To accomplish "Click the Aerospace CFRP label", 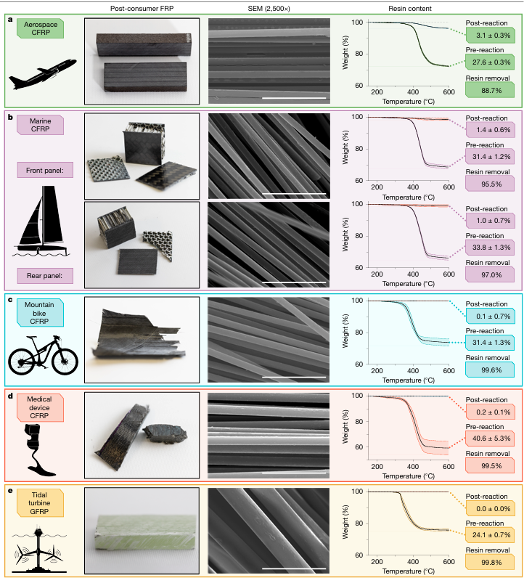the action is (x=40, y=28).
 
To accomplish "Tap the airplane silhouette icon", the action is (x=42, y=74).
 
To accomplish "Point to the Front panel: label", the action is (x=45, y=171).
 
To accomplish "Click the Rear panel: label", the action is (x=45, y=276).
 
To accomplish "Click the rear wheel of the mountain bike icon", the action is (x=21, y=362).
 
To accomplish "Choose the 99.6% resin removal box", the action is (x=490, y=370).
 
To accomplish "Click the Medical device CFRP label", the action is (x=40, y=407).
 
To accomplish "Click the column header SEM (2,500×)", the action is (x=269, y=8).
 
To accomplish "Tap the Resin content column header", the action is (x=410, y=8).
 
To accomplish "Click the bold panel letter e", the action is (x=10, y=491).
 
